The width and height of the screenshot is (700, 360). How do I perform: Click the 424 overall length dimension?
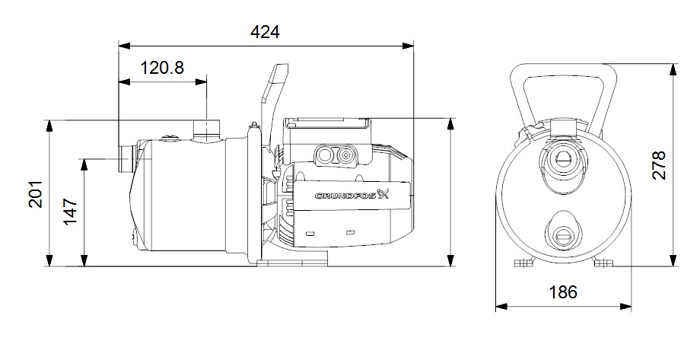click(265, 32)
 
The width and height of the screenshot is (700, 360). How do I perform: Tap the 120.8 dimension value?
click(162, 68)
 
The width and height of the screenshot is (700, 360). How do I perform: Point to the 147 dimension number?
click(70, 212)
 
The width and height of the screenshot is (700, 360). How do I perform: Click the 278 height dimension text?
click(659, 165)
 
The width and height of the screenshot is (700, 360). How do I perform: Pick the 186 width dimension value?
click(563, 292)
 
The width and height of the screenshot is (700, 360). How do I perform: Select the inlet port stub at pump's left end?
click(127, 158)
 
